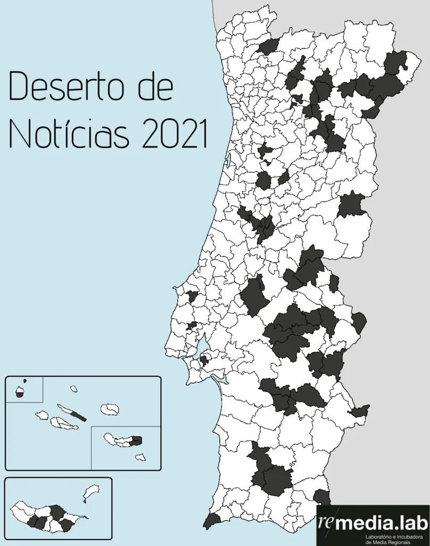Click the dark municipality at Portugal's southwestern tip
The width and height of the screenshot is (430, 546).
coord(212,520)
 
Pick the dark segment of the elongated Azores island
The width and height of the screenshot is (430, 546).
coord(78,416)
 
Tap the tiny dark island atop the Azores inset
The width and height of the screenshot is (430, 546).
coord(24,381)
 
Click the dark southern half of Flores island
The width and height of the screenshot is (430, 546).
coord(20,395)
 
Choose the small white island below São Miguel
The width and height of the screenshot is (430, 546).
coord(140,457)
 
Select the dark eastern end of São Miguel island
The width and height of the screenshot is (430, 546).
coord(136,440)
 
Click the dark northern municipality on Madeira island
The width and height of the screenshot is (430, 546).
coord(57,512)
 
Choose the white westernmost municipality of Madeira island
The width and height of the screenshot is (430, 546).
coord(18,513)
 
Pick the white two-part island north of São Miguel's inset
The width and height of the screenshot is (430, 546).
coord(110,409)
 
